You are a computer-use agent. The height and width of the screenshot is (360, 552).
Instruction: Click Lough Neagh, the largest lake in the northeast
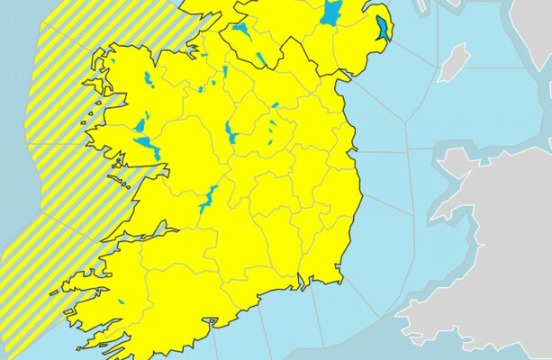point(331,13)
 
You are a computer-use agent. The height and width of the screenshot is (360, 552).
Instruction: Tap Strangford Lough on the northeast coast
point(384,29)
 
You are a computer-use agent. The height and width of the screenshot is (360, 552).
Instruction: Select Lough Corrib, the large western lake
point(148,145)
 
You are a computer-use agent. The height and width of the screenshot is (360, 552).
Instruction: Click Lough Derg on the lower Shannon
point(209,199)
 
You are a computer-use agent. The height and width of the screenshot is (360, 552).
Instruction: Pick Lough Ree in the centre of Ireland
point(231,134)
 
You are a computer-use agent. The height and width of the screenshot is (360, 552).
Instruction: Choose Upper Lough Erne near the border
point(260,59)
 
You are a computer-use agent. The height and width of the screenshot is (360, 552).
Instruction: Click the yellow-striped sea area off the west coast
point(54,135)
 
